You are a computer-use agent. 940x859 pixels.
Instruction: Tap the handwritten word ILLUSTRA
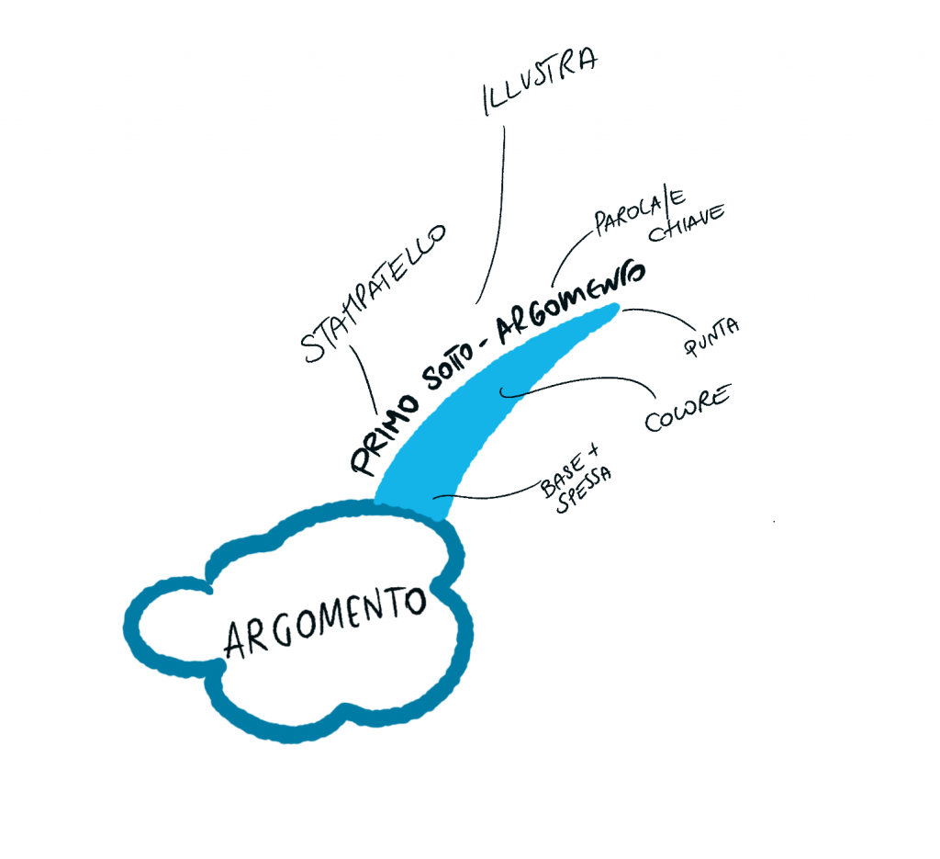point(540,82)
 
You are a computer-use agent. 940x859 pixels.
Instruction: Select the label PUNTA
point(711,338)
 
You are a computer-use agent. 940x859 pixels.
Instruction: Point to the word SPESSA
point(584,493)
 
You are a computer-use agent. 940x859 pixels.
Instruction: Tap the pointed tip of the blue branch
point(618,309)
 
